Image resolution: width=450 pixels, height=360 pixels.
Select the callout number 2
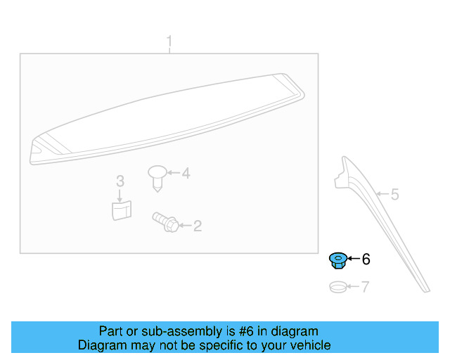coord(198,226)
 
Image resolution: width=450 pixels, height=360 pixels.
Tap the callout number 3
coord(120,181)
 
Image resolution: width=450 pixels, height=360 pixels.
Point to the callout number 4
coord(186,173)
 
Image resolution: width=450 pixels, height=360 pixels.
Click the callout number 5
coord(394,194)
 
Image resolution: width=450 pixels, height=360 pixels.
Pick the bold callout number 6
coord(365,260)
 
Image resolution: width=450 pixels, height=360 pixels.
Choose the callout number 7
coord(365,287)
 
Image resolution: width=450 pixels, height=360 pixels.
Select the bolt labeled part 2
coord(164,222)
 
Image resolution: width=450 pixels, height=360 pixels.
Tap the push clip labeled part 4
coord(158,176)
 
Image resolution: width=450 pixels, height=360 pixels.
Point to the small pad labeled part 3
coord(122,209)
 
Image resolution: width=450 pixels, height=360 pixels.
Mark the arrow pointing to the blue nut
coord(352,260)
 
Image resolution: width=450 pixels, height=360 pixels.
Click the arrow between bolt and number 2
coord(184,226)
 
